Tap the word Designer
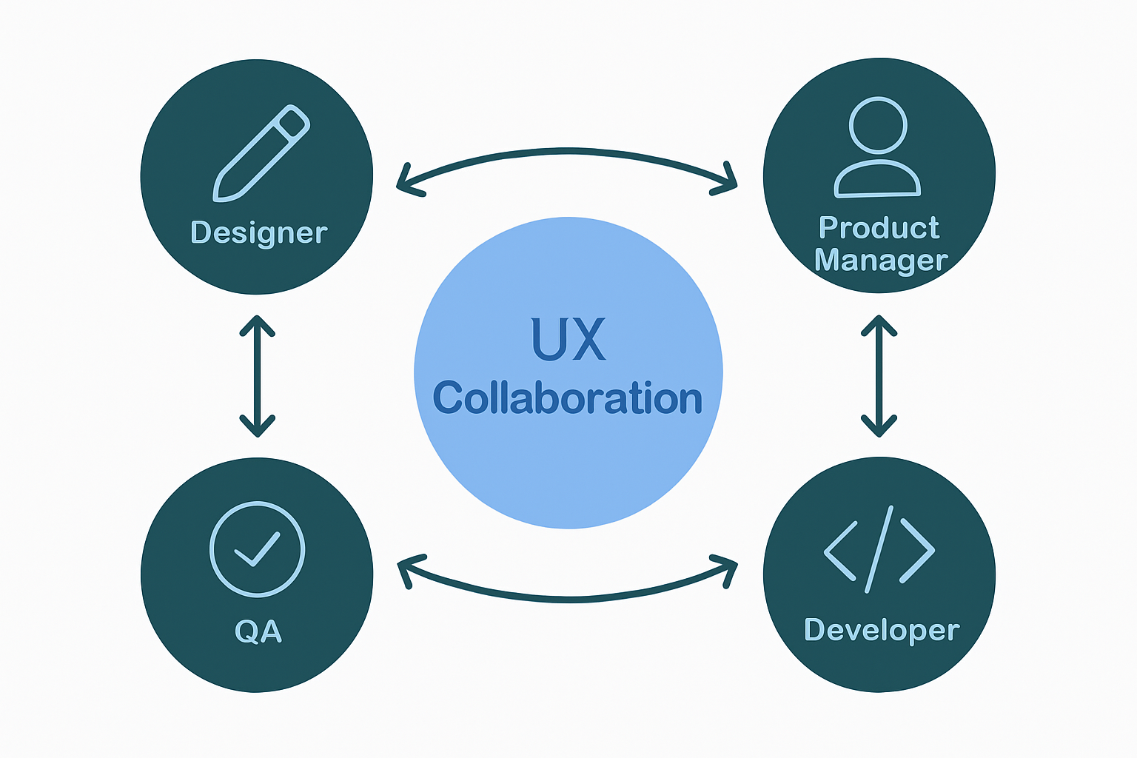click(x=258, y=232)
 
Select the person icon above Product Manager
click(x=878, y=148)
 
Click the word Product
click(x=879, y=228)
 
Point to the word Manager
click(x=880, y=261)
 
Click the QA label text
click(x=258, y=631)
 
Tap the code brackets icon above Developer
click(x=879, y=550)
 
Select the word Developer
click(x=881, y=630)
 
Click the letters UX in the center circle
click(x=568, y=340)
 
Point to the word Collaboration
click(x=568, y=398)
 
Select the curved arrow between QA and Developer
click(x=568, y=597)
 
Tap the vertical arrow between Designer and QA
click(x=258, y=376)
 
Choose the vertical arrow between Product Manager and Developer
click(x=879, y=376)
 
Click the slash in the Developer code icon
click(x=879, y=549)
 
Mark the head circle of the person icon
click(x=878, y=125)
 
